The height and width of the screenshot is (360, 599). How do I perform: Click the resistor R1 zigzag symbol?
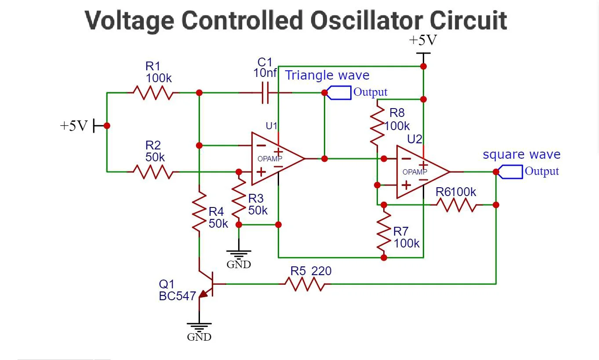153,93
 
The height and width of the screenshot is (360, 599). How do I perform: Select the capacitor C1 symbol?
265,93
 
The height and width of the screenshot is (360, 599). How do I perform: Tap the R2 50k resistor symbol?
153,172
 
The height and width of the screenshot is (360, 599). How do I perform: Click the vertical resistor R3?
239,200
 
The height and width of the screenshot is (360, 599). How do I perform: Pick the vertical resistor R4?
199,214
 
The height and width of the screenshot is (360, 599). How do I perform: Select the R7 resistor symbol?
384,231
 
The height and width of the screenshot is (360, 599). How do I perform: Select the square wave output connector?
510,172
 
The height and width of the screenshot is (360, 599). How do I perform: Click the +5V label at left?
74,126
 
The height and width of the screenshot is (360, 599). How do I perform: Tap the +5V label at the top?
423,40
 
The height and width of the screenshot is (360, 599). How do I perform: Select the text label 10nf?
265,73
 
